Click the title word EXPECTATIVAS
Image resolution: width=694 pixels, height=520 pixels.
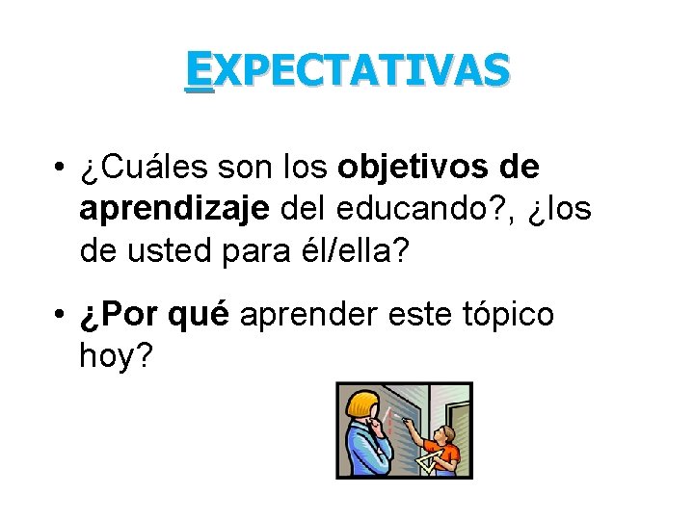coord(348,70)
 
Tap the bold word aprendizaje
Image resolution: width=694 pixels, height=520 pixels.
coord(174,209)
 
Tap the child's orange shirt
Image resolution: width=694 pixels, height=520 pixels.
coord(446,451)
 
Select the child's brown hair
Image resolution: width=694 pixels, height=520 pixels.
coord(445,430)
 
